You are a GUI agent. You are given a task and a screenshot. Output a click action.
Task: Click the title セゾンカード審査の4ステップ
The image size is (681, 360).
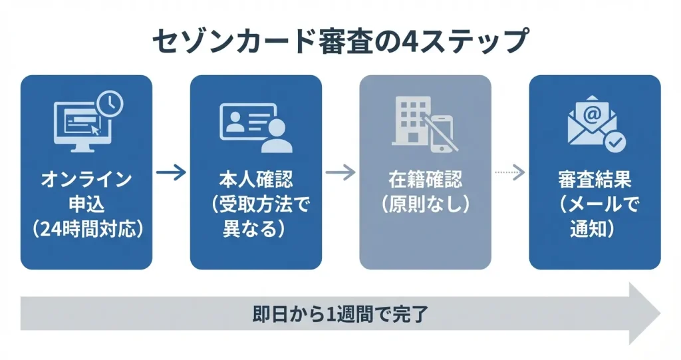(x=340, y=41)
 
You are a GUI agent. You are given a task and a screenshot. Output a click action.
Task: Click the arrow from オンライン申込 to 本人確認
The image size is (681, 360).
(x=171, y=173)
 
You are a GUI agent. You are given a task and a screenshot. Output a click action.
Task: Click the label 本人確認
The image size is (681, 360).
(x=256, y=180)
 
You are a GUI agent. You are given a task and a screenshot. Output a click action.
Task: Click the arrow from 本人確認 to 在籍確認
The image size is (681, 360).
(x=340, y=173)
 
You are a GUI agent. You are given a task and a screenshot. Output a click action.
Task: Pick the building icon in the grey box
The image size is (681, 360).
(x=409, y=120)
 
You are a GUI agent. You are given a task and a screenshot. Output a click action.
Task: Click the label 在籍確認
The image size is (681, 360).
(x=426, y=180)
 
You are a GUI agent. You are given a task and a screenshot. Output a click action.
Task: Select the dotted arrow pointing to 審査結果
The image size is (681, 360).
(x=510, y=173)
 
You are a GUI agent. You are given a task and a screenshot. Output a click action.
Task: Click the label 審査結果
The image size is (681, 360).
(x=595, y=180)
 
